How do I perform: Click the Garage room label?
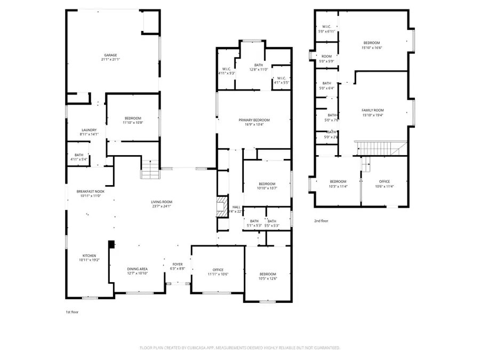[110, 55]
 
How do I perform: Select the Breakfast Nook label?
[90, 191]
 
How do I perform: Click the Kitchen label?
[89, 255]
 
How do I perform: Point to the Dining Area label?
[137, 268]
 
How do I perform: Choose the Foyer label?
[177, 264]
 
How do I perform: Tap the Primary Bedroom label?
[254, 120]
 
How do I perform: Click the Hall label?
[236, 207]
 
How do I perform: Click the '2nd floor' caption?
[321, 220]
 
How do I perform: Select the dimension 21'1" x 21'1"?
[110, 60]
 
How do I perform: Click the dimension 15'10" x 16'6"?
[372, 47]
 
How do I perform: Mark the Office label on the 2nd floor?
[384, 181]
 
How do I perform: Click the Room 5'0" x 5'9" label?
[326, 56]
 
